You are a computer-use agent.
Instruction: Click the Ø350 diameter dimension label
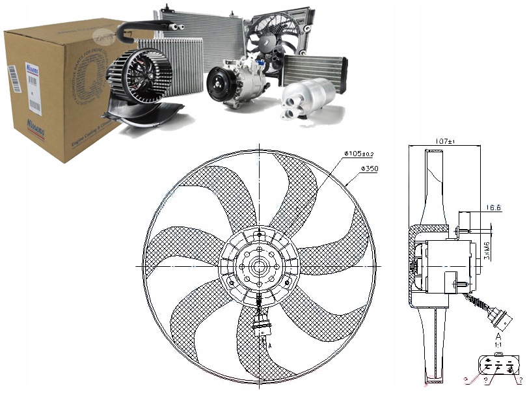(368, 169)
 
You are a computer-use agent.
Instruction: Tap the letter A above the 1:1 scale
(498, 336)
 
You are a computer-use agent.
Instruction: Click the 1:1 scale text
(498, 346)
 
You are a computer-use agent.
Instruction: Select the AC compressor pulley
(219, 87)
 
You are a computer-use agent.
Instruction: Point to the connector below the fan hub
(262, 325)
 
